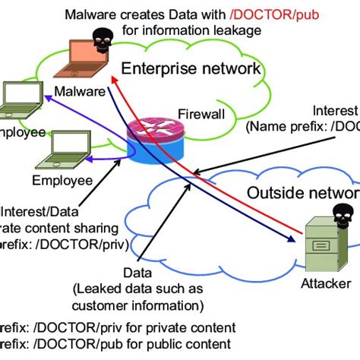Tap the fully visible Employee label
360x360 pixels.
point(62,180)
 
